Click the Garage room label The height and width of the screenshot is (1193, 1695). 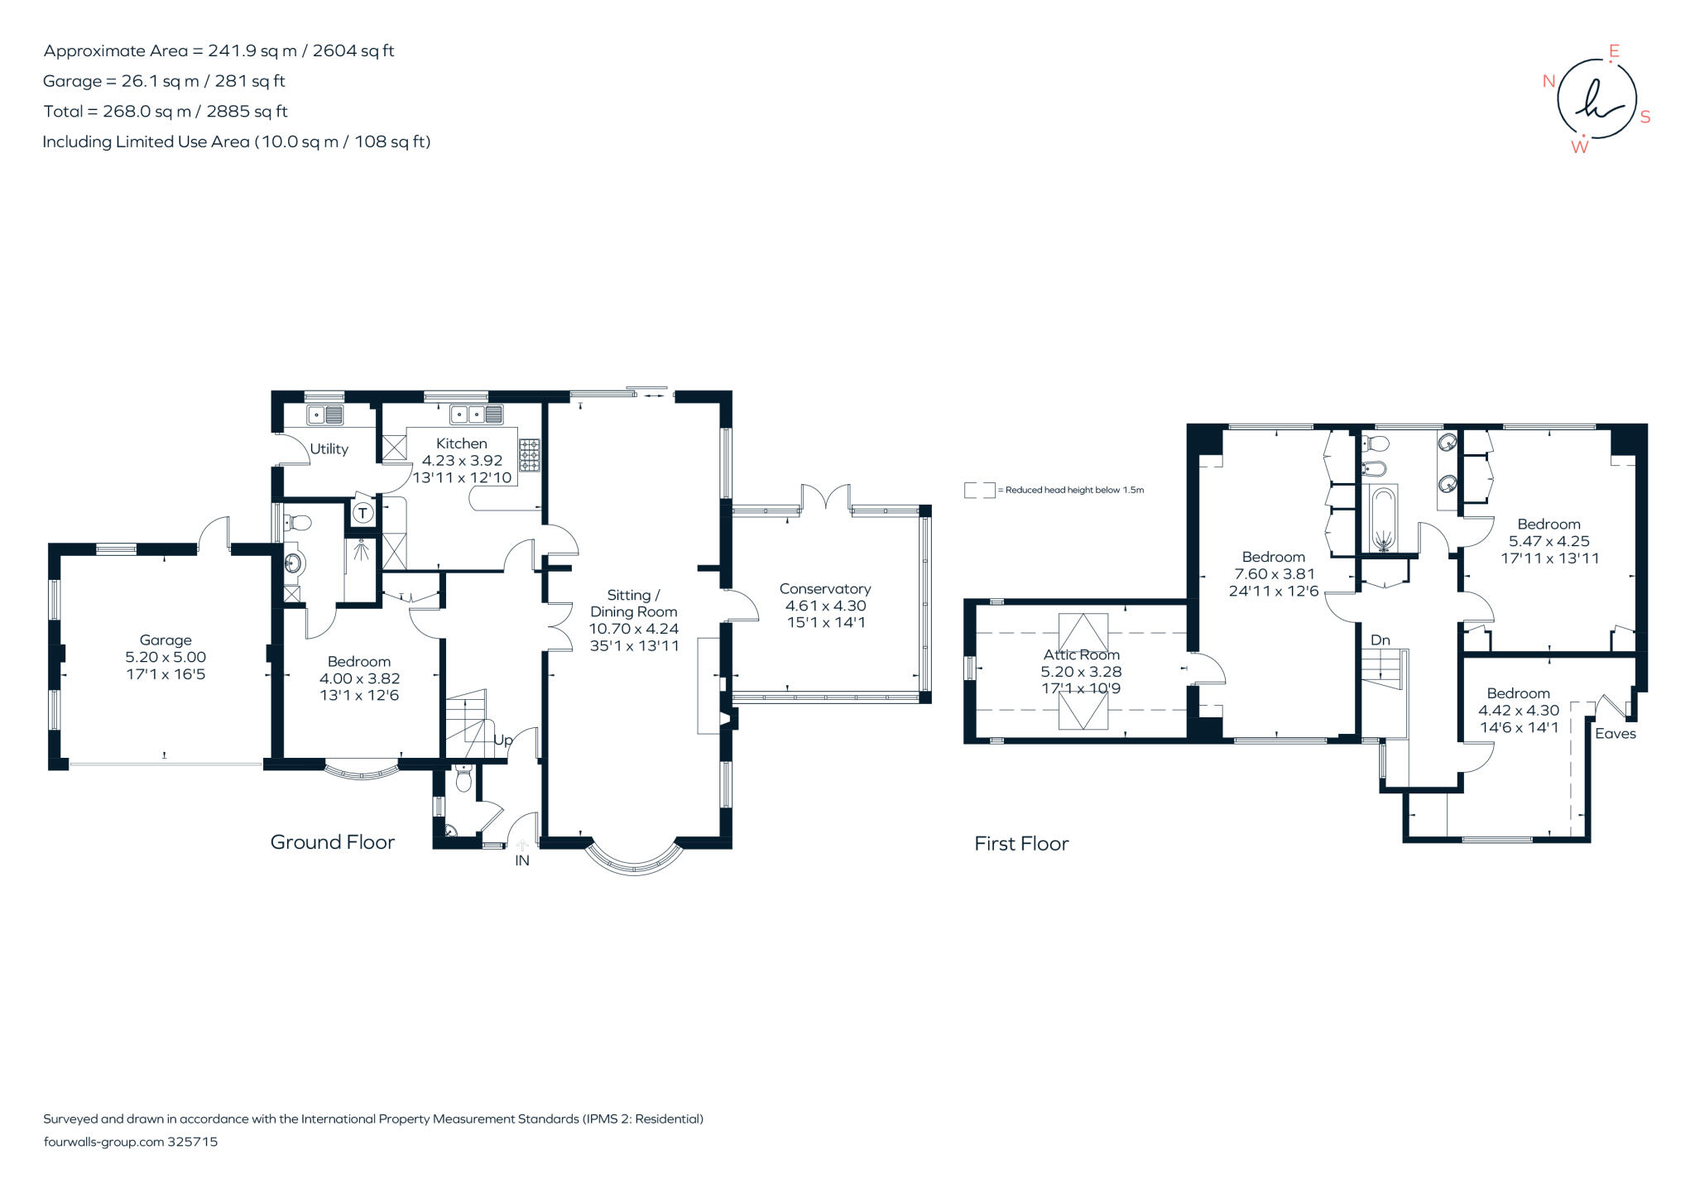pyautogui.click(x=166, y=640)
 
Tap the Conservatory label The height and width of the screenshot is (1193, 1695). pyautogui.click(x=825, y=589)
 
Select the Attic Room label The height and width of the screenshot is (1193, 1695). pyautogui.click(x=1081, y=655)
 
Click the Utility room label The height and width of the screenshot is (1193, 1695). pyautogui.click(x=329, y=449)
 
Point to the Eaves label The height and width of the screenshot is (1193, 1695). pyautogui.click(x=1615, y=734)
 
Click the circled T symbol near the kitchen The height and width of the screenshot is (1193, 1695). pyautogui.click(x=362, y=514)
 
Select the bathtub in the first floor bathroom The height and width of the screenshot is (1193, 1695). pyautogui.click(x=1383, y=519)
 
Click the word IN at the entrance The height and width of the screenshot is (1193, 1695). pyautogui.click(x=522, y=860)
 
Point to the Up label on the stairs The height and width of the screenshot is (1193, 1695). pyautogui.click(x=503, y=740)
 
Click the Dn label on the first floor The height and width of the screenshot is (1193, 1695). pyautogui.click(x=1380, y=640)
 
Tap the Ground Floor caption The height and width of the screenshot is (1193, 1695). pyautogui.click(x=333, y=842)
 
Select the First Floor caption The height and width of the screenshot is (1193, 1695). pyautogui.click(x=1021, y=844)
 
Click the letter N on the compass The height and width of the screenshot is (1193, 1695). pyautogui.click(x=1549, y=81)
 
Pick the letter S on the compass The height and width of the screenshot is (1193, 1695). pyautogui.click(x=1645, y=117)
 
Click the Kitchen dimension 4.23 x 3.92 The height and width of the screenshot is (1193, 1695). pyautogui.click(x=462, y=461)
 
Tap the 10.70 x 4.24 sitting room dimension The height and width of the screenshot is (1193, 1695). pyautogui.click(x=634, y=629)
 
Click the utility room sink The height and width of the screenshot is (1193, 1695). pyautogui.click(x=325, y=414)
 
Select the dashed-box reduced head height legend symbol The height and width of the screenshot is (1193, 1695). pyautogui.click(x=979, y=490)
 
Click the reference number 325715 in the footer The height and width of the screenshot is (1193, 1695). pyautogui.click(x=192, y=1142)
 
